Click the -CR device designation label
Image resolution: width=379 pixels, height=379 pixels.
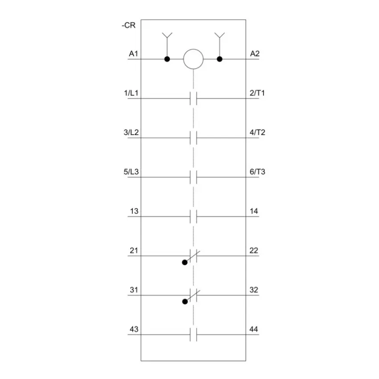click(128, 25)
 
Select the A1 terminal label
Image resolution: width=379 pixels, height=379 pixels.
click(133, 54)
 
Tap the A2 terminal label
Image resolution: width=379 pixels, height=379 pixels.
click(255, 54)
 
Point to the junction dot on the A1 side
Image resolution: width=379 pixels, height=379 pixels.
click(167, 59)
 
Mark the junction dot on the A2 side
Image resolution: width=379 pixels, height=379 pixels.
click(219, 59)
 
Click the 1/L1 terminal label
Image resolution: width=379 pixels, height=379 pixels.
click(131, 93)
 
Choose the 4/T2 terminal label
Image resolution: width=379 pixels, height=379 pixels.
click(257, 132)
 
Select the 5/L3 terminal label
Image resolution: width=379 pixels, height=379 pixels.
click(131, 172)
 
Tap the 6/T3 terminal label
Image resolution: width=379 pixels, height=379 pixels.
click(257, 172)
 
